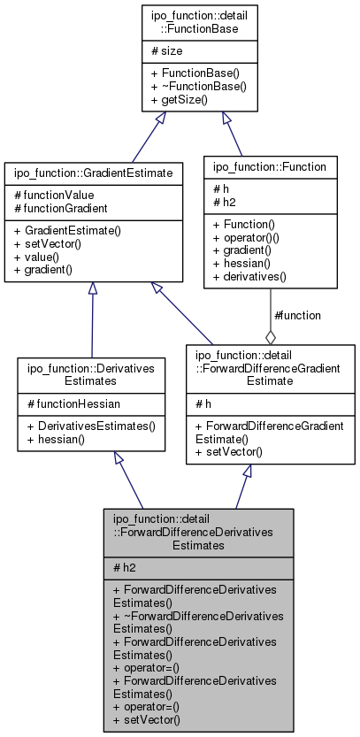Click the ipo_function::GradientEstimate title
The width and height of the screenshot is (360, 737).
[91, 165]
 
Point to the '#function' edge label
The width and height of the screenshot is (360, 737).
[297, 315]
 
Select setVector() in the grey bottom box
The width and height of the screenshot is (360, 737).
[147, 719]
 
